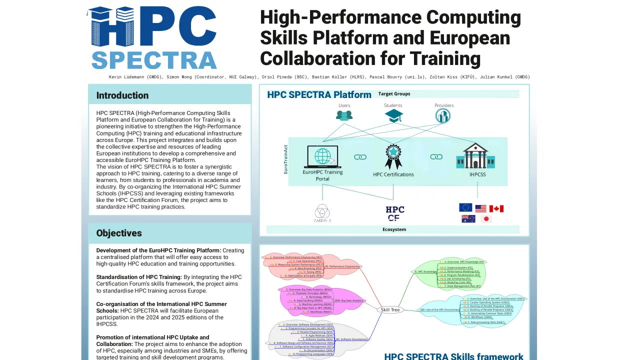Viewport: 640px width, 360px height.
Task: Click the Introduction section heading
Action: (x=122, y=95)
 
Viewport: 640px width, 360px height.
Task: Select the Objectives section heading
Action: (x=119, y=233)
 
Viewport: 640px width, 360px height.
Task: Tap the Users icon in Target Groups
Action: (x=344, y=115)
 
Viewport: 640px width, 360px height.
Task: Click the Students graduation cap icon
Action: (x=393, y=116)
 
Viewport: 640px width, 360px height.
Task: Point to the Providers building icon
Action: (x=443, y=116)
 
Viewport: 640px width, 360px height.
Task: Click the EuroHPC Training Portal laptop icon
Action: (x=322, y=156)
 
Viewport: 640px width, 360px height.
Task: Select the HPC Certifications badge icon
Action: (x=393, y=156)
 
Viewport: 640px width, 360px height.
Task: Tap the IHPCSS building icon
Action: (x=475, y=156)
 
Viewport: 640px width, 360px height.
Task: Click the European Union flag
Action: (x=465, y=208)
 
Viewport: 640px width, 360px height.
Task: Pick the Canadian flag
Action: (x=496, y=208)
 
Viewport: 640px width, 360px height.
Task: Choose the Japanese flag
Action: (x=486, y=219)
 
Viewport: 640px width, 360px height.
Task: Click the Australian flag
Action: (x=468, y=219)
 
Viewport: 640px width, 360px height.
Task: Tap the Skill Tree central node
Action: (x=390, y=310)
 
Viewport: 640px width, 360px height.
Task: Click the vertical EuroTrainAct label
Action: (x=286, y=159)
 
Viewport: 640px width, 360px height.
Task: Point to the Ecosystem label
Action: (x=394, y=229)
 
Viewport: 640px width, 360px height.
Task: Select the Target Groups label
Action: (x=394, y=94)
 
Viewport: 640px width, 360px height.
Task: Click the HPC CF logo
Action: (x=394, y=213)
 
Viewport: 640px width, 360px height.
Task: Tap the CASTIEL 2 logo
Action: (x=322, y=213)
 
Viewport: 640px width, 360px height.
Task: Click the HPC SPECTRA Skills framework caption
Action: (x=453, y=356)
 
